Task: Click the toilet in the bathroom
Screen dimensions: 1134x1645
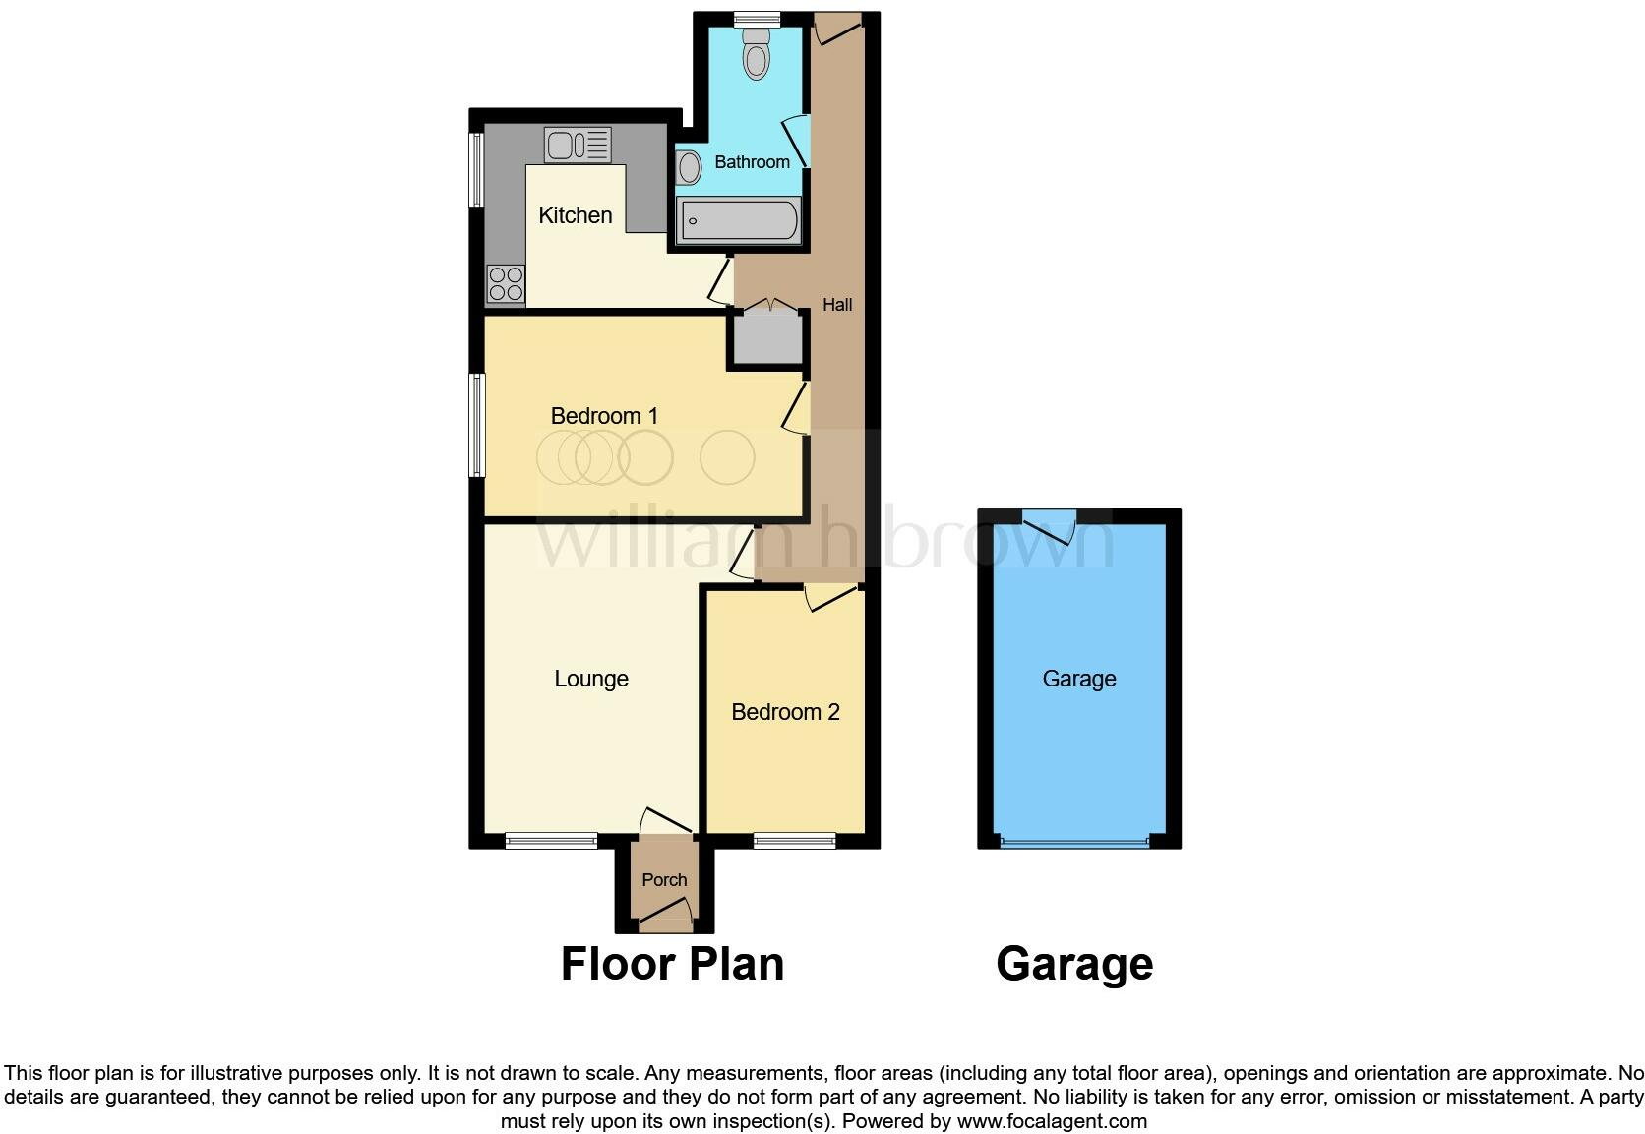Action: tap(756, 53)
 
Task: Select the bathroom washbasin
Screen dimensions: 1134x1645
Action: tap(689, 167)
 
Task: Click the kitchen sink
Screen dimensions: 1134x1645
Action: tap(578, 146)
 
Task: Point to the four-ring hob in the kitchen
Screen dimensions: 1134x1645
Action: tap(506, 284)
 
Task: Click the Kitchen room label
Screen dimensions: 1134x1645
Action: tap(576, 215)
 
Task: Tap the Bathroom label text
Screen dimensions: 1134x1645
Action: tap(752, 162)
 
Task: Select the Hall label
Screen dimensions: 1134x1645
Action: tap(837, 305)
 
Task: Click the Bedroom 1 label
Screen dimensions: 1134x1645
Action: tap(604, 416)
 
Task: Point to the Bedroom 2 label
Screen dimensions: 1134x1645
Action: tap(785, 712)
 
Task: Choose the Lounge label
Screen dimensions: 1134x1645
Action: tap(591, 679)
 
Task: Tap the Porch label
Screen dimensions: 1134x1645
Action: tap(664, 880)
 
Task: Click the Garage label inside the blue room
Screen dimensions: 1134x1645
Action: tap(1079, 679)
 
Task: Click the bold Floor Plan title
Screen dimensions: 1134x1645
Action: tap(672, 964)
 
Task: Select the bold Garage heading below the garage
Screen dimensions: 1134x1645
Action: tap(1074, 964)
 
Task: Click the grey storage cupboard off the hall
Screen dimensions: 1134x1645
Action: tap(766, 338)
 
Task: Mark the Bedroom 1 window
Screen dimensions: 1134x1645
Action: tap(477, 425)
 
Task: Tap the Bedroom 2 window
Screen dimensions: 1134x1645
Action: tap(795, 841)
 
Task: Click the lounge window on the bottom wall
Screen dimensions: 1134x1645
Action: tap(551, 841)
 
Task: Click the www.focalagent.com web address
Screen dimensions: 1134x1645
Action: tap(1052, 1121)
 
